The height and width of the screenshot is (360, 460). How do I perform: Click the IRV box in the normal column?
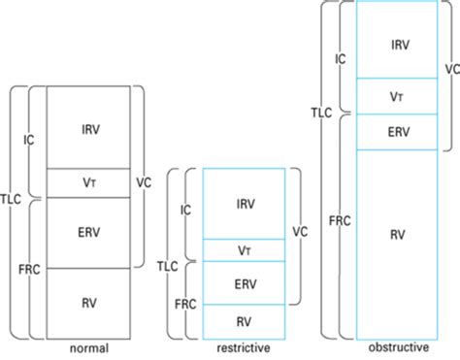(88, 127)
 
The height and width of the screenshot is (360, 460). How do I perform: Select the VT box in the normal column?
(88, 182)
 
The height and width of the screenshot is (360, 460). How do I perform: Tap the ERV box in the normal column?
(88, 232)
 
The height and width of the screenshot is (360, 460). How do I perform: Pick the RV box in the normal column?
(88, 301)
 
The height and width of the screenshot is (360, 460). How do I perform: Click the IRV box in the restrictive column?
(245, 203)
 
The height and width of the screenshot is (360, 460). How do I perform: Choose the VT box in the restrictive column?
(245, 250)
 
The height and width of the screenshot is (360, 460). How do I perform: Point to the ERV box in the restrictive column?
(245, 283)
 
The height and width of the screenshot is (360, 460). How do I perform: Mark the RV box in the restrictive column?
(245, 319)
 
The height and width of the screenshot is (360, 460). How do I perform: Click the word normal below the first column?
(88, 347)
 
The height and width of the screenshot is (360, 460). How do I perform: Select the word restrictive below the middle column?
(245, 347)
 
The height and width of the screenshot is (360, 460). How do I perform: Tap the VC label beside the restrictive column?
(300, 233)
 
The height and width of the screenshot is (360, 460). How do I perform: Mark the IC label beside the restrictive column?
(185, 209)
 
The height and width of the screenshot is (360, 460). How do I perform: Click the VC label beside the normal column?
(144, 181)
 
